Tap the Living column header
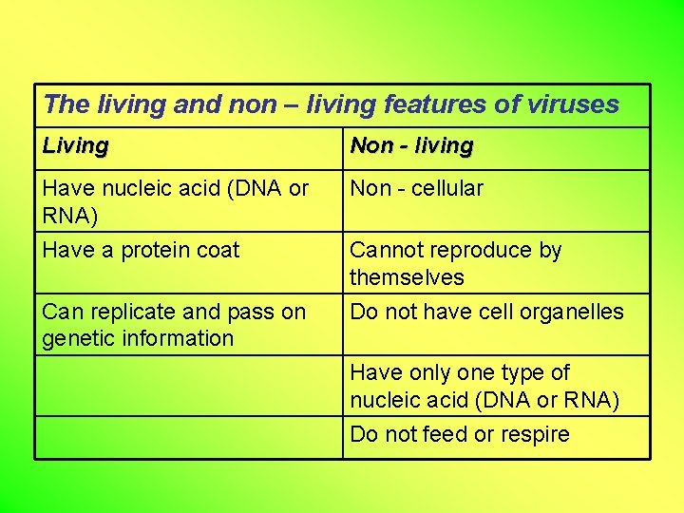point(76,146)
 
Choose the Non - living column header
point(411,146)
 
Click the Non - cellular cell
point(416,189)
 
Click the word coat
point(218,251)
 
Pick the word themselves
point(407,278)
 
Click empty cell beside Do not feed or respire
point(189,437)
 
